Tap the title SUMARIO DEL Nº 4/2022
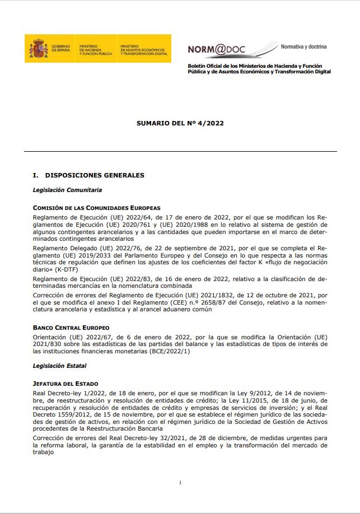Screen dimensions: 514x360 [180, 123]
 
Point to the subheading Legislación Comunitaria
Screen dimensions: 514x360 [67, 190]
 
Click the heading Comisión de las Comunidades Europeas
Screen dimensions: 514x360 [96, 208]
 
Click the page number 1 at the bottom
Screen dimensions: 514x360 [180, 483]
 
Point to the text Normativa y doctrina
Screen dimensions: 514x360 [303, 46]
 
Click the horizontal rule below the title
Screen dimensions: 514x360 [180, 151]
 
